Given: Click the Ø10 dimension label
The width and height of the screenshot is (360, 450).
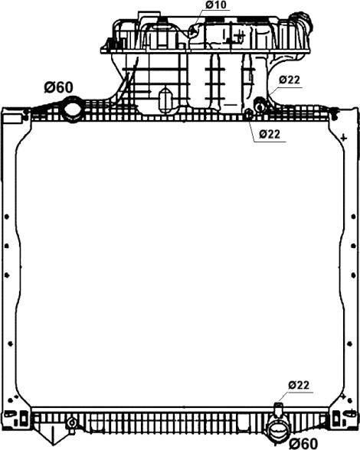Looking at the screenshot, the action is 216,5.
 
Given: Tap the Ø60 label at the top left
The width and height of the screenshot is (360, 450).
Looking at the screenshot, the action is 59,87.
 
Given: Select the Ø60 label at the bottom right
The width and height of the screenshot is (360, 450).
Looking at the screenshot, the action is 303,444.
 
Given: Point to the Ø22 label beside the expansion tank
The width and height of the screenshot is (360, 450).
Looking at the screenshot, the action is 290,80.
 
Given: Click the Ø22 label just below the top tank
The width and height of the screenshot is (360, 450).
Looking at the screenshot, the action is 269,134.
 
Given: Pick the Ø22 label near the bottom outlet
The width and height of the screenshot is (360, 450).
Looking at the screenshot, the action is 299,384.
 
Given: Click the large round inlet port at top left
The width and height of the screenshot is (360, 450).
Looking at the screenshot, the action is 72,109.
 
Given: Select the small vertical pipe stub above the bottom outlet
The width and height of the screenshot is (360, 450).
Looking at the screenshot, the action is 278,410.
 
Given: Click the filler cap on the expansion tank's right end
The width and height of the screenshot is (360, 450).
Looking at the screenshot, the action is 303,21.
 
